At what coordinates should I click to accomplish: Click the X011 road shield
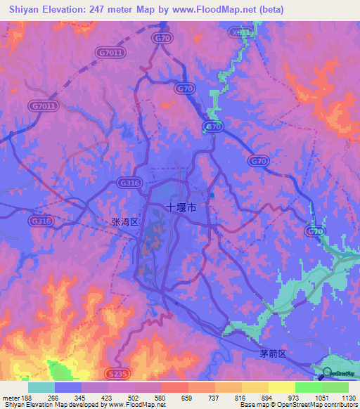pyautogui.click(x=240, y=32)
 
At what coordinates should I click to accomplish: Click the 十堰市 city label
pyautogui.click(x=181, y=208)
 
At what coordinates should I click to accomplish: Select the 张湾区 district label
pyautogui.click(x=127, y=221)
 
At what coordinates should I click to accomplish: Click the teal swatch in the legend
pyautogui.click(x=41, y=387)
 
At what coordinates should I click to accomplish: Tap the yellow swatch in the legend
pyautogui.click(x=281, y=387)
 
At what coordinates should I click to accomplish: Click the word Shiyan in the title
pyautogui.click(x=24, y=10)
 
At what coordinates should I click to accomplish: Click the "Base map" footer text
pyautogui.click(x=255, y=405)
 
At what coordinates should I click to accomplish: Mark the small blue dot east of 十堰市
pyautogui.click(x=212, y=196)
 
